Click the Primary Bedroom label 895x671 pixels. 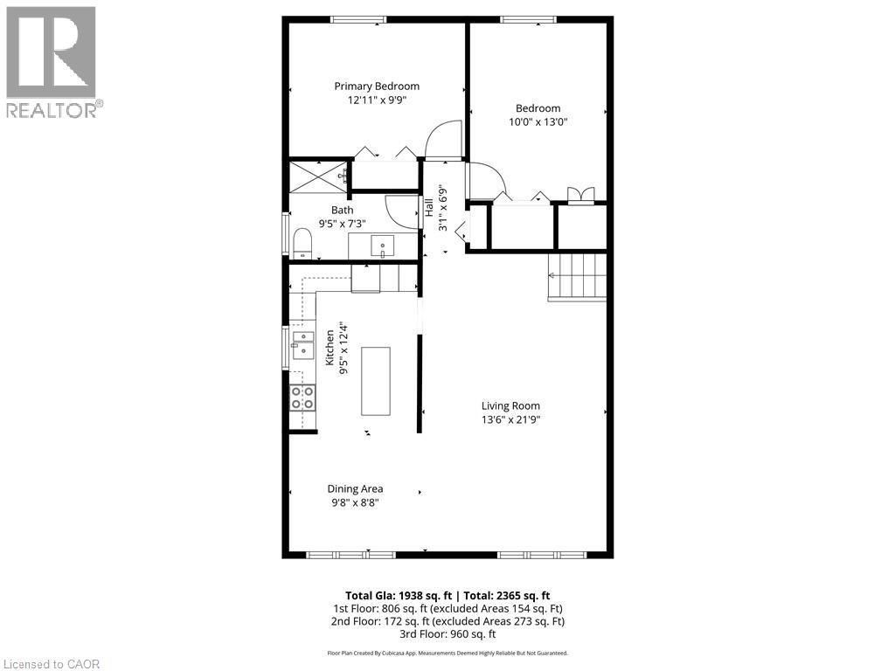[377, 86]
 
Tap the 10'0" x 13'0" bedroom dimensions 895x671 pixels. [538, 122]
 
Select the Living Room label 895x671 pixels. [510, 405]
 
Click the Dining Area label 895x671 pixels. [355, 488]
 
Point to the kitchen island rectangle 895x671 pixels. [376, 381]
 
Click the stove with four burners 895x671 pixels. [302, 398]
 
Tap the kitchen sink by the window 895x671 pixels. [302, 345]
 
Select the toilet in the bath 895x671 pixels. [302, 244]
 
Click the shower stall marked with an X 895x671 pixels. [317, 175]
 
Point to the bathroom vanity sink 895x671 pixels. [384, 246]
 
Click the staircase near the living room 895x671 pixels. [578, 275]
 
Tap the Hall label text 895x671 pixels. [429, 208]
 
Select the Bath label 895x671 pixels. [342, 210]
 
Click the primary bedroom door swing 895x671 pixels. [442, 140]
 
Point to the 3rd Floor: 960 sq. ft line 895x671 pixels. [447, 634]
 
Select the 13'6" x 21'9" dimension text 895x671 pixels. [510, 419]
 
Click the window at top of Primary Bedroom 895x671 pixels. [358, 19]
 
